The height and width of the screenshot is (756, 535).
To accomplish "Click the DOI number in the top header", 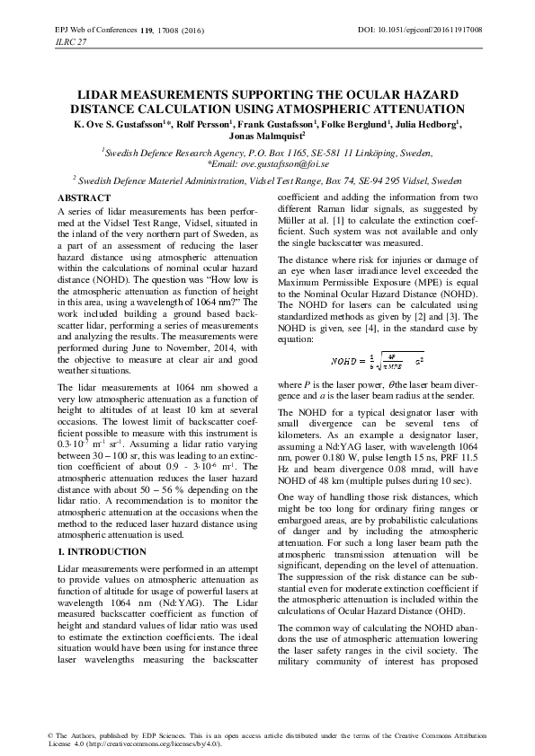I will pos(431,30).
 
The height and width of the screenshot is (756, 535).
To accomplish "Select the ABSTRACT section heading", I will pos(84,197).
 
